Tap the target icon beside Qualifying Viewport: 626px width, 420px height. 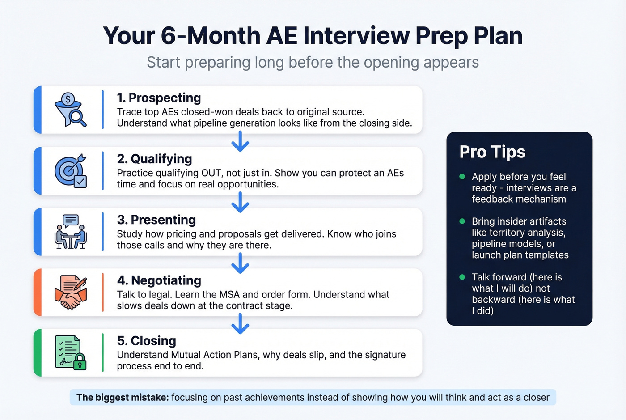tap(70, 171)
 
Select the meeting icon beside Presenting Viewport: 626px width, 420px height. tap(70, 232)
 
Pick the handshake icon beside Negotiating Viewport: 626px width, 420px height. tap(70, 292)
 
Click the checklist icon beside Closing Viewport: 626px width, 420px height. tap(70, 352)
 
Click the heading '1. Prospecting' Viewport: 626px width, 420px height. tap(159, 98)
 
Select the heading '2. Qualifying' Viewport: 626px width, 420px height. tap(154, 159)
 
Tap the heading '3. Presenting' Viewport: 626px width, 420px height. tap(156, 220)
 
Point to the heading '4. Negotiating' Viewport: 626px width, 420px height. tap(159, 280)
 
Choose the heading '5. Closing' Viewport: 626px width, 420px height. tap(146, 341)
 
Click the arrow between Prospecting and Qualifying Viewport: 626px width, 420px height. tap(240, 141)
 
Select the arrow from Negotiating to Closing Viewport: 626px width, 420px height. tap(240, 323)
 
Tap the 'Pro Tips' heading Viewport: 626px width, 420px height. tap(492, 152)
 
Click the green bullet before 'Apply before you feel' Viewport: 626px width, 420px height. tap(462, 177)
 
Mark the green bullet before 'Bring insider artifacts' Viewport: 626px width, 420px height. tap(462, 221)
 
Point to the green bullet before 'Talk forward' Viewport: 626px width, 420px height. tap(462, 277)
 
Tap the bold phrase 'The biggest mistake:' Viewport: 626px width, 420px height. tap(122, 397)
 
